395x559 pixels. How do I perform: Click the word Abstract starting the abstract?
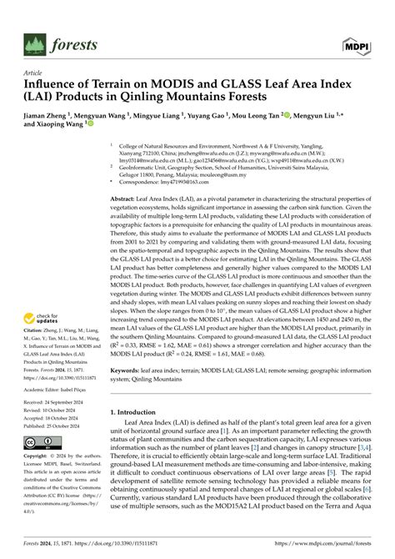pos(124,200)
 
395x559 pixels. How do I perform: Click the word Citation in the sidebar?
pos(36,330)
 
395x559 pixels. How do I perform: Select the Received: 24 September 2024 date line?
pos(59,402)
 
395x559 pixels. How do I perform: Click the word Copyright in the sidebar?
pos(37,457)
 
